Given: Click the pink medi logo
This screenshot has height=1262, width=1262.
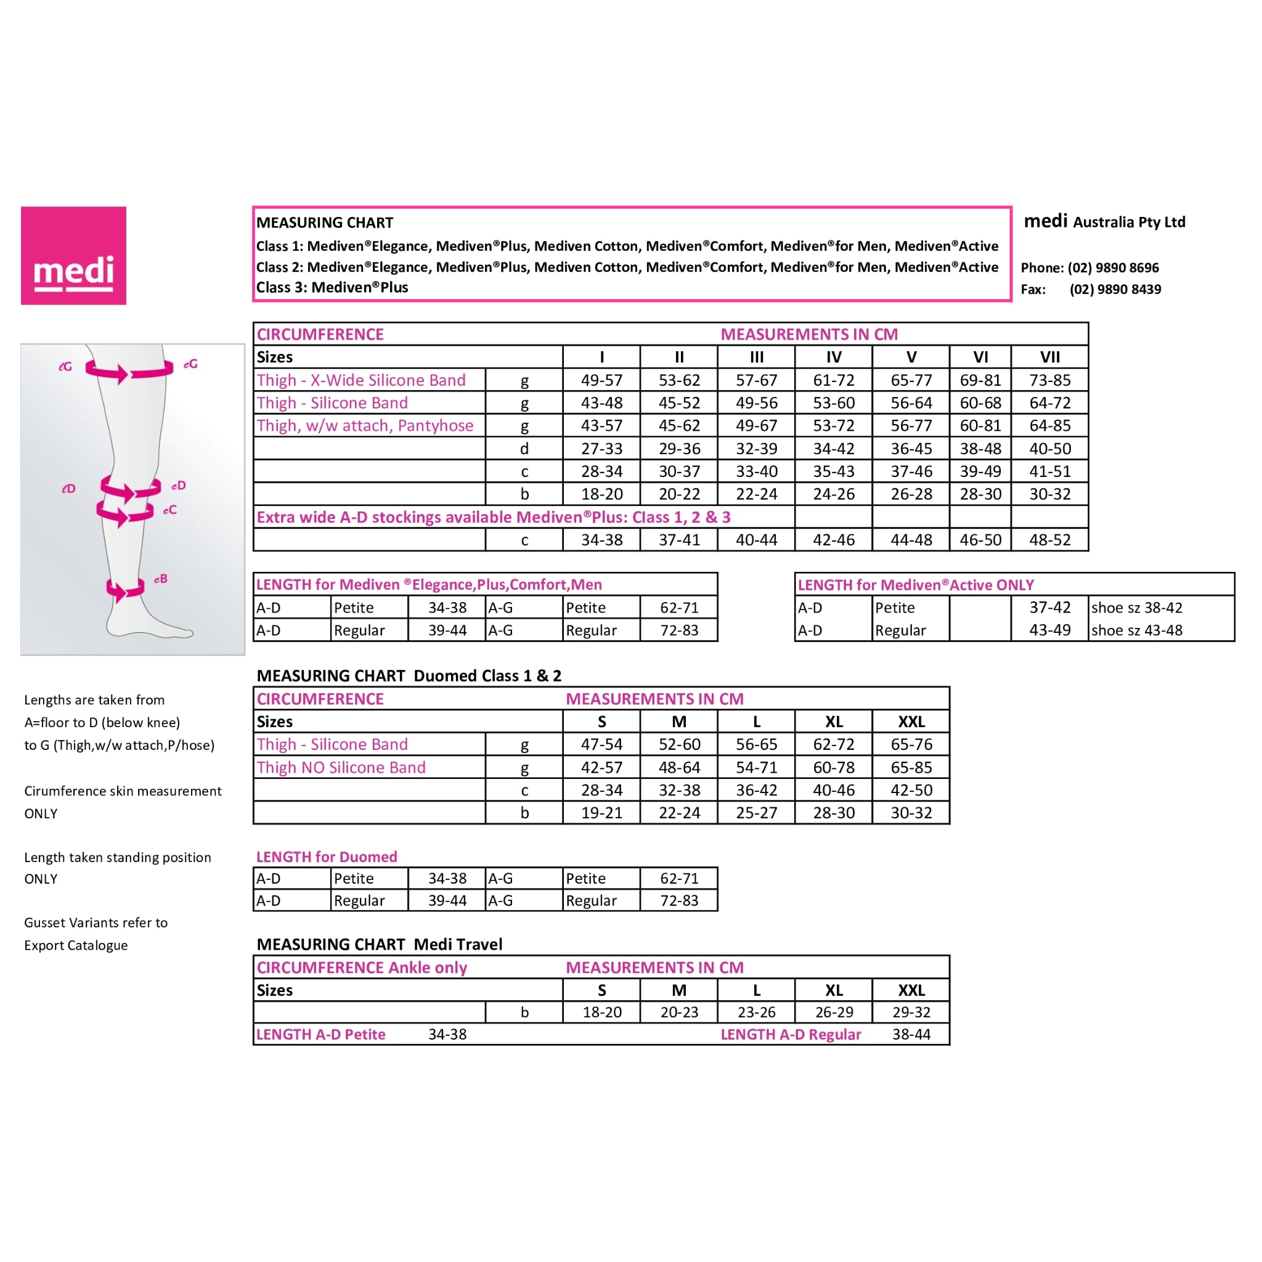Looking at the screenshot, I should coord(73,255).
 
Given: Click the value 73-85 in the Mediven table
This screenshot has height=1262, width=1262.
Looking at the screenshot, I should coord(1049,380).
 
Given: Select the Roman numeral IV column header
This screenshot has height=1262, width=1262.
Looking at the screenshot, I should coord(834,357).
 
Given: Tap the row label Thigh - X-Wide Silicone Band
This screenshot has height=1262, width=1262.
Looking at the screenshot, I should coord(360,380).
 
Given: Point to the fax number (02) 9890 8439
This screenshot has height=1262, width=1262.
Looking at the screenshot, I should coord(1115,290).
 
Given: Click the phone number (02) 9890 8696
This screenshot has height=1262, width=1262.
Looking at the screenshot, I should coord(1113,268).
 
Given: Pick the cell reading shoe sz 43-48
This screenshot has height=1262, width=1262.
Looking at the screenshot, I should coord(1136,630).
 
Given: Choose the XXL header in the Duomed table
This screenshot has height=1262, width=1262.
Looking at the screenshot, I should coord(911,722).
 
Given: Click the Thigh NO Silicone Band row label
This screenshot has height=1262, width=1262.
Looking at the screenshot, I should coord(341,768).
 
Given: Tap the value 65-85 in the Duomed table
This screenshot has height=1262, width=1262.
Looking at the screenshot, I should coord(911,768).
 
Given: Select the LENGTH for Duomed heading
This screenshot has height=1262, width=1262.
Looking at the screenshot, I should coord(327,857).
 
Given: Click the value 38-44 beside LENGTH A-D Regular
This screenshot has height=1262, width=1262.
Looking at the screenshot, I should coord(911,1035).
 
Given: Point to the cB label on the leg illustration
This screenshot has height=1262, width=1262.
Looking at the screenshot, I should coord(161,579).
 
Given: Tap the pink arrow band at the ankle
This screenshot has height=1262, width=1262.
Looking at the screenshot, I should coord(124,589).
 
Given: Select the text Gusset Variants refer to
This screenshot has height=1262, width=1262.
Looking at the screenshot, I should coord(96,923).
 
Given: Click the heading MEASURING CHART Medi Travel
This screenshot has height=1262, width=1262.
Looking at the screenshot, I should coord(380,945).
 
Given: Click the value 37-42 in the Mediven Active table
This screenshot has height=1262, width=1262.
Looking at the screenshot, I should coord(1049,608).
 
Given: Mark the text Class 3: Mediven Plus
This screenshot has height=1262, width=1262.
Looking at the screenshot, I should coord(332,287).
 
